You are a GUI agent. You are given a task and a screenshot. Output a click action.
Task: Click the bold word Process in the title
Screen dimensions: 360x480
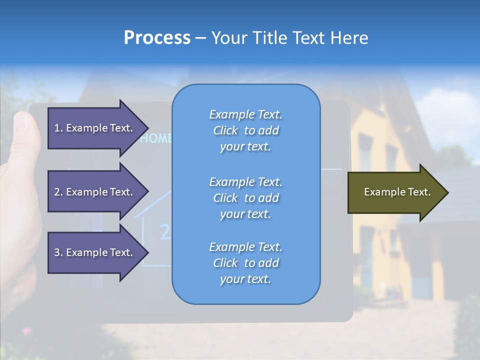point(157,38)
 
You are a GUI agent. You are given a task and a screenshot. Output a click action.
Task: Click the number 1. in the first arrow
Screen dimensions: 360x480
point(58,128)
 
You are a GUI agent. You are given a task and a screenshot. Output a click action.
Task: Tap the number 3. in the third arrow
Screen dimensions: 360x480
point(58,252)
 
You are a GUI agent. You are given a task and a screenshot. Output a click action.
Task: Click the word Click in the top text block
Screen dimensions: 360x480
point(225,130)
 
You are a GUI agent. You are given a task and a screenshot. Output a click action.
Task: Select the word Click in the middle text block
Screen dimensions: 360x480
point(225,198)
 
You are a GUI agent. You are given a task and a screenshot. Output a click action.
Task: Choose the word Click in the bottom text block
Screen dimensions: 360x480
point(225,263)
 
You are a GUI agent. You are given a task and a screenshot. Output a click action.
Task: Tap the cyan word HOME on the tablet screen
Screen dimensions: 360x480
point(156,138)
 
